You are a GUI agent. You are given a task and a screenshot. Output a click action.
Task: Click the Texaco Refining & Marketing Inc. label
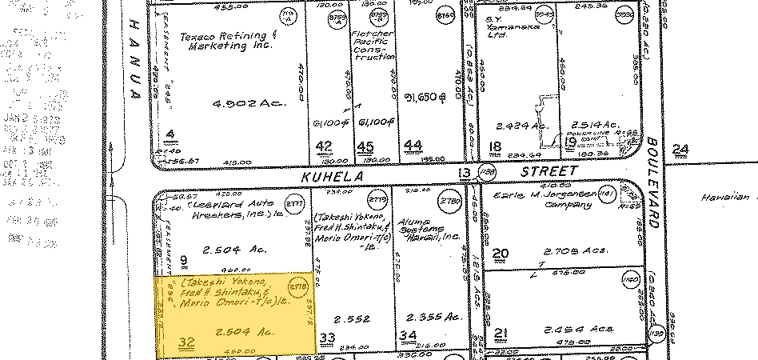coord(225,41)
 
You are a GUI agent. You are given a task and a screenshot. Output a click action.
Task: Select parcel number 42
coord(324,146)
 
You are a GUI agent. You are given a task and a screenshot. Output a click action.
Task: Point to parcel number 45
coord(365,146)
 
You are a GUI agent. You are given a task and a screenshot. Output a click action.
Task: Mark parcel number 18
coord(495,146)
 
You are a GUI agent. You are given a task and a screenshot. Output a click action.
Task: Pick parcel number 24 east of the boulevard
coord(681,149)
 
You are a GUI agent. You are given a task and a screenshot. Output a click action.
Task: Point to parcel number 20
coord(501,254)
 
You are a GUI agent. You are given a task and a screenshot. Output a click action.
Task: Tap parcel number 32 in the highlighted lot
coord(187,342)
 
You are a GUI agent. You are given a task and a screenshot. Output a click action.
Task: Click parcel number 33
coord(326,337)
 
